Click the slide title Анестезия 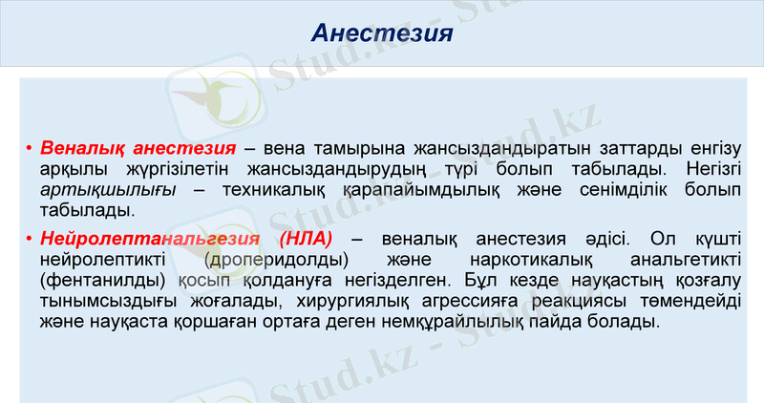[381, 33]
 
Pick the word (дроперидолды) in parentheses [275, 259]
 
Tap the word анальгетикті [678, 259]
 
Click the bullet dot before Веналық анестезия [31, 150]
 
